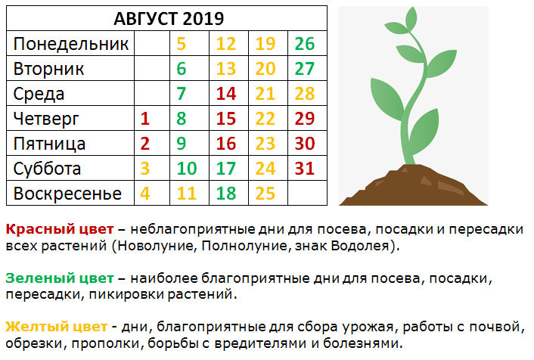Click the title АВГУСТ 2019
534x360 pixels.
pyautogui.click(x=169, y=18)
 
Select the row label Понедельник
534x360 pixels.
pyautogui.click(x=71, y=44)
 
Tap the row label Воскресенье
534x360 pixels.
pyautogui.click(x=67, y=194)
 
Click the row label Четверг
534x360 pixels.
pyautogui.click(x=46, y=119)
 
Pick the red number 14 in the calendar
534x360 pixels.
pyautogui.click(x=226, y=94)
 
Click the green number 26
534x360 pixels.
pyautogui.click(x=305, y=44)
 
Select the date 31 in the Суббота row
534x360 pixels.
pyautogui.click(x=305, y=169)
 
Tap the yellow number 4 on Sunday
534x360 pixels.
pyautogui.click(x=145, y=194)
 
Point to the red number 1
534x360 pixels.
pyautogui.click(x=145, y=119)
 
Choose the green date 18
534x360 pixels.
pyautogui.click(x=226, y=194)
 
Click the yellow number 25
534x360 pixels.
pyautogui.click(x=265, y=194)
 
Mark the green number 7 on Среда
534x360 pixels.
pyautogui.click(x=182, y=94)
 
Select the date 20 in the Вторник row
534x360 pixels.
pyautogui.click(x=265, y=69)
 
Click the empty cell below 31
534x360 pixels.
pyautogui.click(x=308, y=193)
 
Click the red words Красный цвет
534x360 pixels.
pyautogui.click(x=60, y=229)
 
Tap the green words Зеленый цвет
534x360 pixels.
pyautogui.click(x=60, y=278)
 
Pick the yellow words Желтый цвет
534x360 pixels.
pyautogui.click(x=57, y=327)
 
